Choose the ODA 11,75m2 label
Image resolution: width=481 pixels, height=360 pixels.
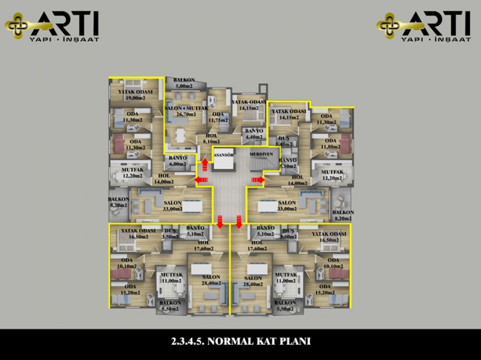tap(218, 117)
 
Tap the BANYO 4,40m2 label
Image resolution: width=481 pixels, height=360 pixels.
tap(254, 134)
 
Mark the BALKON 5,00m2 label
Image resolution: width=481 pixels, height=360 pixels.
tap(183, 83)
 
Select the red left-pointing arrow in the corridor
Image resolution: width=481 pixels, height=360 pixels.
tap(201, 179)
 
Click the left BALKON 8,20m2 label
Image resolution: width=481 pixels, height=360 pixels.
tap(118, 201)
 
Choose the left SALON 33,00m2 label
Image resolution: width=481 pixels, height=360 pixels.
tap(173, 206)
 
